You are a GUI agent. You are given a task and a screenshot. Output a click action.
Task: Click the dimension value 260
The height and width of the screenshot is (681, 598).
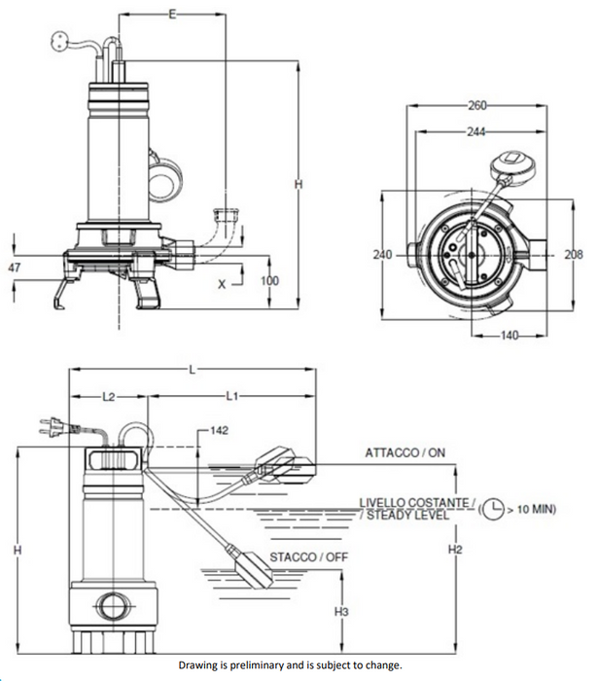coord(476,105)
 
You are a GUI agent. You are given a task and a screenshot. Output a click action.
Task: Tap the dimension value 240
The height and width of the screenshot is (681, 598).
coord(382,254)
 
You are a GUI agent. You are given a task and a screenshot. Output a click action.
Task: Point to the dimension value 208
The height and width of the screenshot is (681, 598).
coord(574,254)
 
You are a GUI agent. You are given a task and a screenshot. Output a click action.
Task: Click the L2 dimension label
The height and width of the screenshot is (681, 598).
coord(109,397)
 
